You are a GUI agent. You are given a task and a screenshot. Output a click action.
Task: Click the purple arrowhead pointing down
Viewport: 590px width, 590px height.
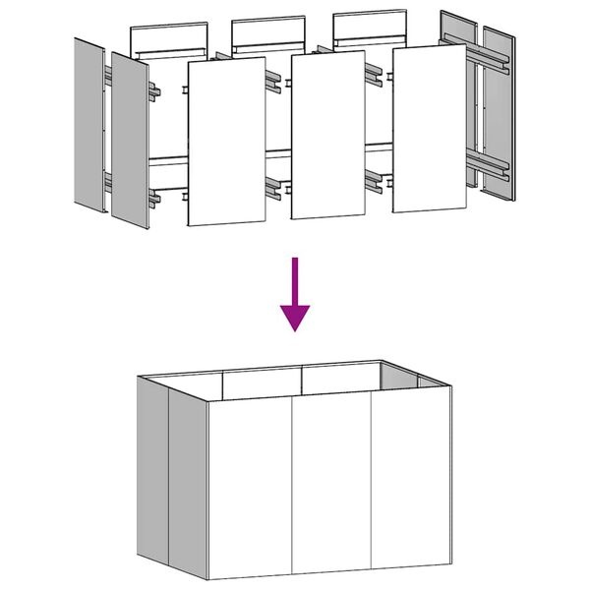pos(295,317)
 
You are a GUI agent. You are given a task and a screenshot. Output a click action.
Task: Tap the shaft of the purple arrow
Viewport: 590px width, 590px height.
pos(295,280)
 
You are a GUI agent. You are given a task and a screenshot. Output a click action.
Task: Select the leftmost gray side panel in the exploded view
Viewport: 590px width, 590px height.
pos(89,128)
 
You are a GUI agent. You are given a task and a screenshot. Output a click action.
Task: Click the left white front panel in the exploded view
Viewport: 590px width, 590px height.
pos(226,142)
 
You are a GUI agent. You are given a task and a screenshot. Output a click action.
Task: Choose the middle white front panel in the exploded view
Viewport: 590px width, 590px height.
pos(328,135)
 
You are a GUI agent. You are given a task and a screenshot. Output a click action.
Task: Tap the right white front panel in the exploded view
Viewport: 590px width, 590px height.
pos(429,128)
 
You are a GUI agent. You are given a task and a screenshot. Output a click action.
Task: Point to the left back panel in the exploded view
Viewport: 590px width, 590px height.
pos(169,39)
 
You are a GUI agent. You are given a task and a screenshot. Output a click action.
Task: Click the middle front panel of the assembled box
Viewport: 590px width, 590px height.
pos(332,482)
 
